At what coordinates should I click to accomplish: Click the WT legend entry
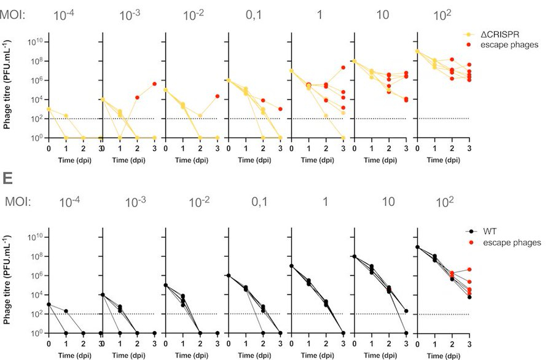(x=492, y=232)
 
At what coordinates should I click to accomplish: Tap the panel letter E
(x=7, y=179)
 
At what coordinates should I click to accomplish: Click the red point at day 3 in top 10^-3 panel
(x=155, y=84)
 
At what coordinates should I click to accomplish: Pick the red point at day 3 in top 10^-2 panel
(x=218, y=96)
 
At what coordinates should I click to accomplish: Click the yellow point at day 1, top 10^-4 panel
(x=66, y=115)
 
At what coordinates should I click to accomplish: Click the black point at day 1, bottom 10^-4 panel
(x=66, y=311)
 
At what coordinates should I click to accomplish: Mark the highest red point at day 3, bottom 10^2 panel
(x=469, y=269)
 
